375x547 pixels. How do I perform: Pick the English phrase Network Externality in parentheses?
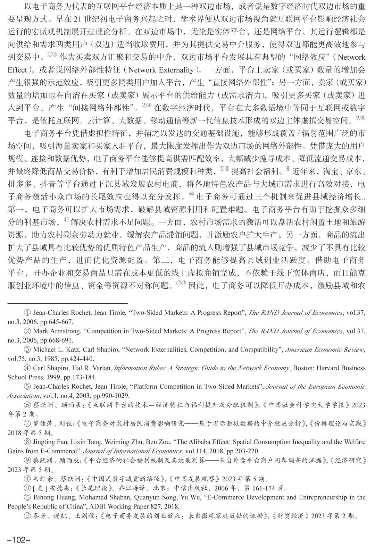point(161,70)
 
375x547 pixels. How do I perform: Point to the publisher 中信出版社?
point(187,488)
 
